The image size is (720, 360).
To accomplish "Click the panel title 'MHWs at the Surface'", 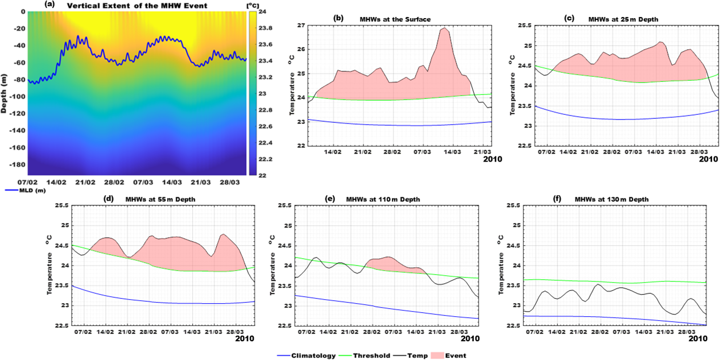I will click(x=395, y=19).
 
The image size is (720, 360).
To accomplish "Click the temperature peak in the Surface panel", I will click(x=445, y=28).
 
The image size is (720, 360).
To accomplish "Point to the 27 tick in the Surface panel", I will click(x=301, y=26).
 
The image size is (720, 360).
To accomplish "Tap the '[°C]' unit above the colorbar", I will click(x=253, y=5).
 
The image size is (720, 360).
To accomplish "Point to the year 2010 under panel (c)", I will click(x=707, y=160).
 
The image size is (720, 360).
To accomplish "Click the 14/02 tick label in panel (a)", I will click(x=57, y=182).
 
